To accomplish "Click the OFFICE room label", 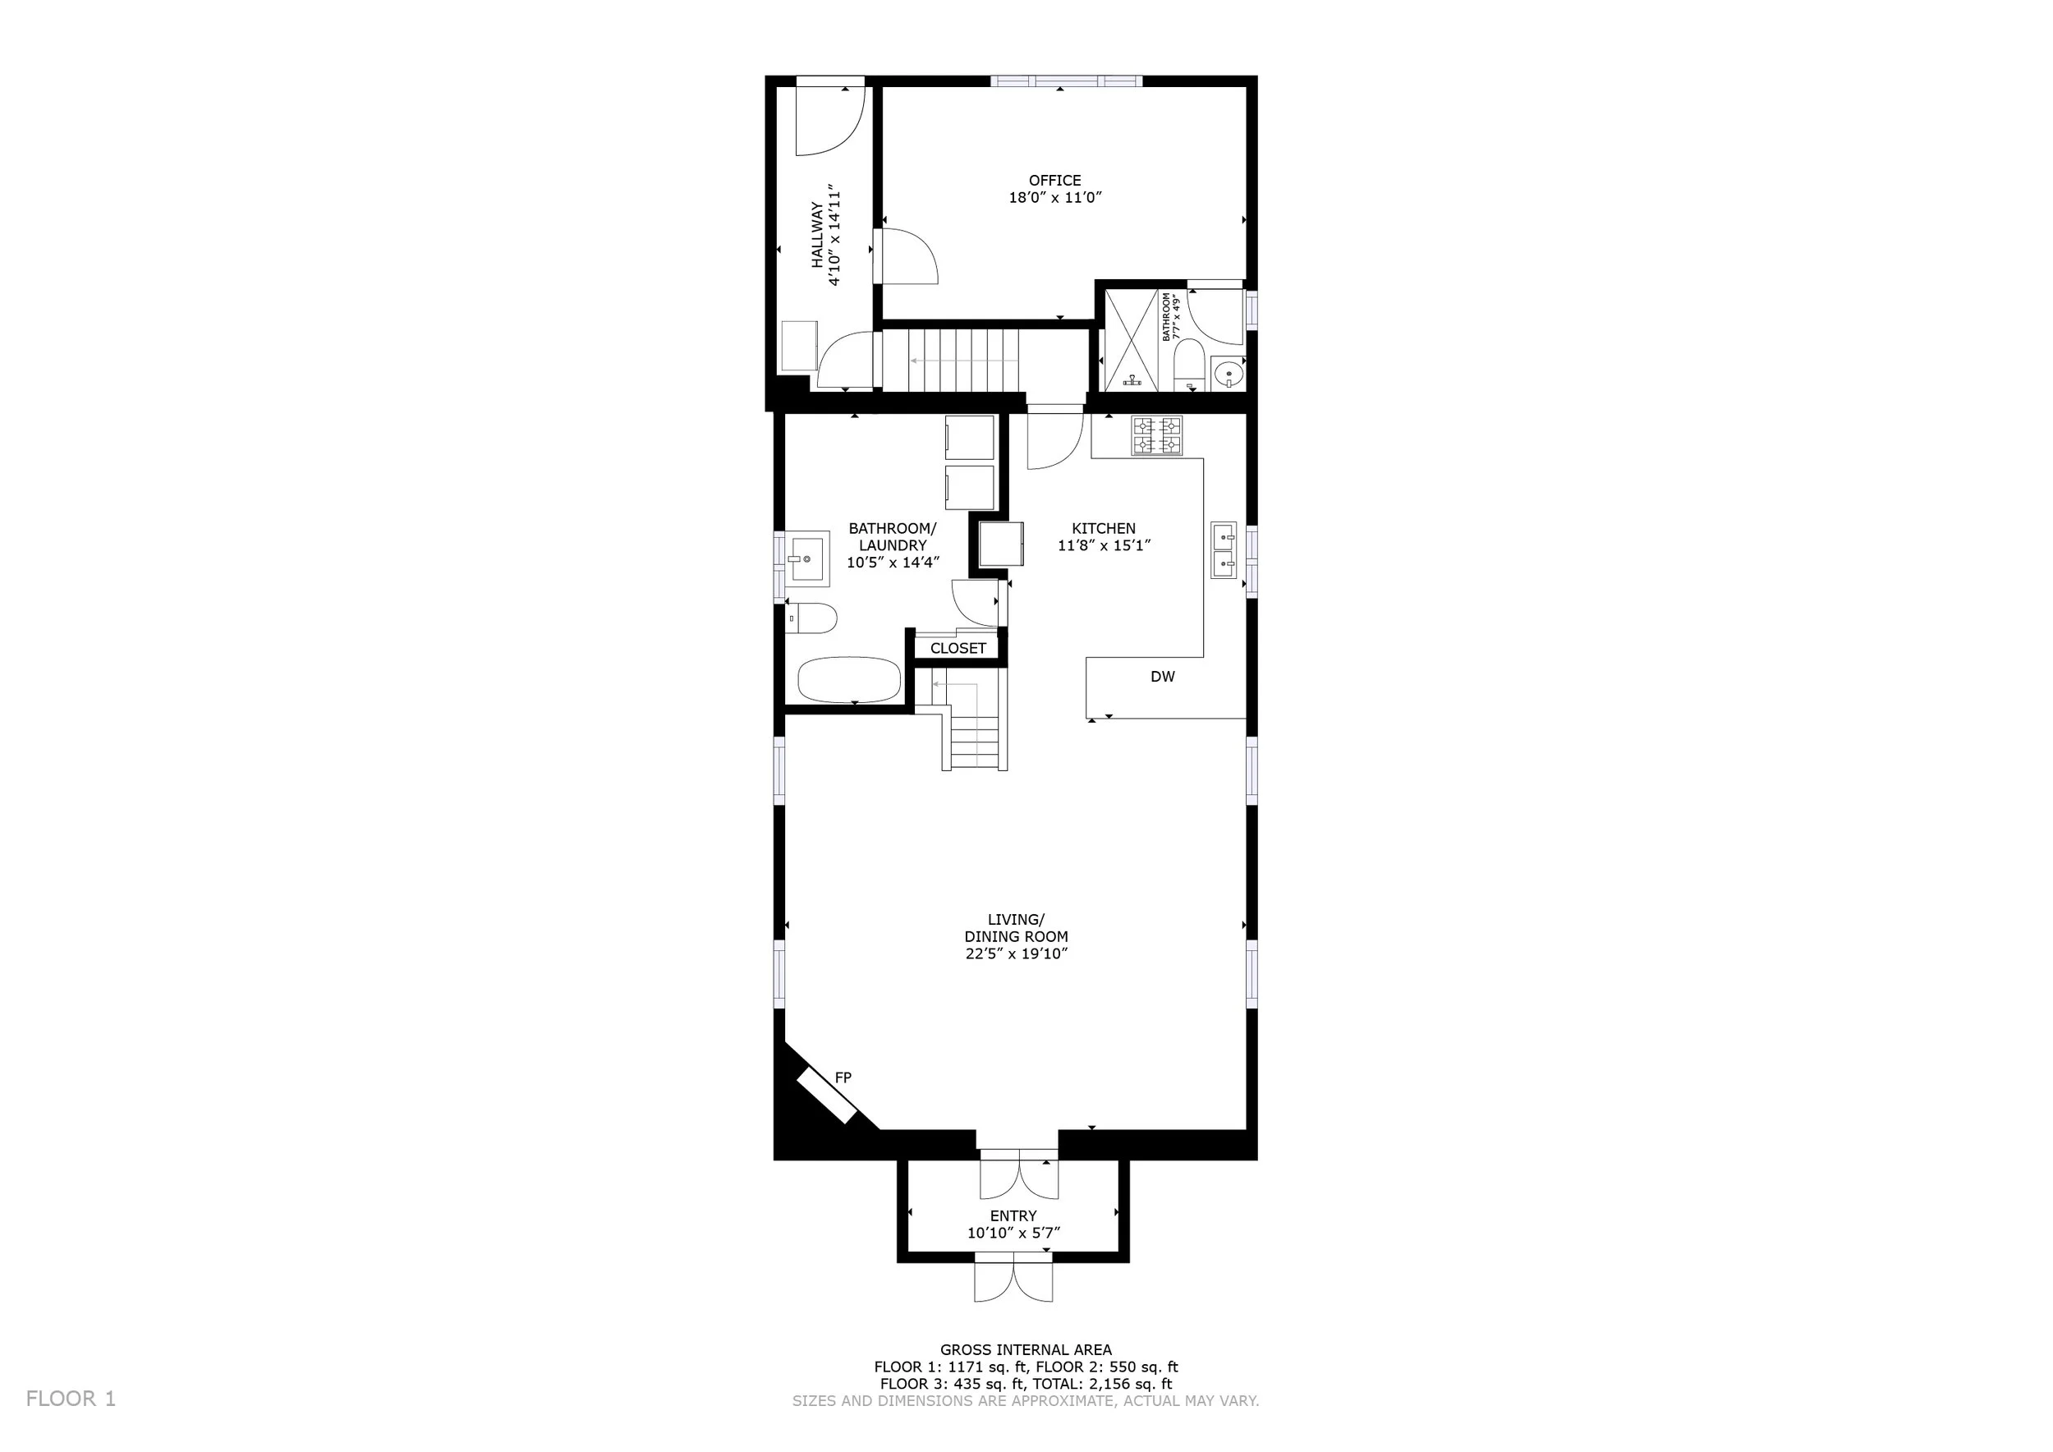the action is tap(1055, 181).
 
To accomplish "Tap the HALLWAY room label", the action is tap(817, 235).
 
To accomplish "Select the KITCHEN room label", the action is tap(1104, 528).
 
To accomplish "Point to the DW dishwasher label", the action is tap(1163, 677).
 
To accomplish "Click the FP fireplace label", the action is tap(843, 1078).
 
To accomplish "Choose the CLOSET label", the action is tap(958, 648).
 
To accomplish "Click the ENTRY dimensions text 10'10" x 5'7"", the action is tap(1013, 1233).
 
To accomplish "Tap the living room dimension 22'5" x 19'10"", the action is tap(1016, 954).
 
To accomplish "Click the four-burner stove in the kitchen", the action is tap(1157, 435).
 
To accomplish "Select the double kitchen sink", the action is tap(1224, 550).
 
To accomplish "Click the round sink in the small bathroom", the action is tap(1229, 372).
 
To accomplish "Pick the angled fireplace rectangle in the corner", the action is tap(827, 1096).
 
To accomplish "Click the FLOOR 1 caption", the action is tap(71, 1399).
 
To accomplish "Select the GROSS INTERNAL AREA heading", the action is tap(1026, 1350).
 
